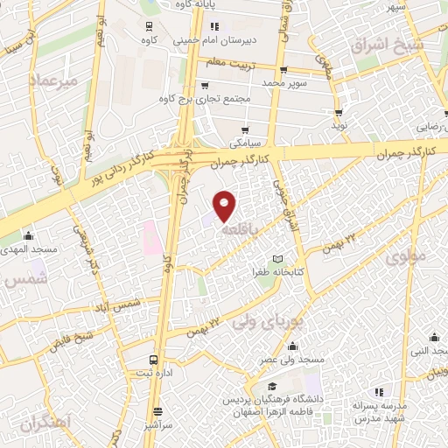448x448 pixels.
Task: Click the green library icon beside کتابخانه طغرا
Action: coord(277,259)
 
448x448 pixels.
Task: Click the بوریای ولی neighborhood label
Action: coord(260,322)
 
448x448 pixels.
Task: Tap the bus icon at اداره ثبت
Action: coord(155,360)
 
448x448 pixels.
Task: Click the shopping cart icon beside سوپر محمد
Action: coord(283,71)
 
